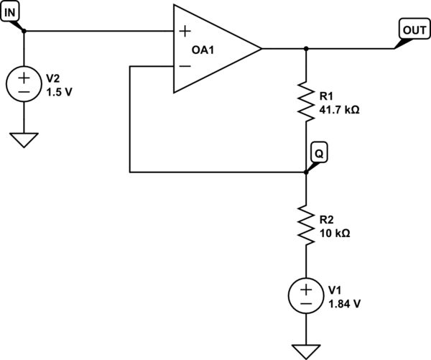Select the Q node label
[317, 152]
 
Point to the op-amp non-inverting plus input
[185, 31]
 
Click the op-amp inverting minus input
[185, 66]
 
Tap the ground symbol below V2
[24, 138]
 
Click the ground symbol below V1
[306, 350]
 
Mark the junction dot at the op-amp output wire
[306, 49]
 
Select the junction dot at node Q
[306, 172]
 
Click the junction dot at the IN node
[24, 31]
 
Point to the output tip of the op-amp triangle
[261, 49]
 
